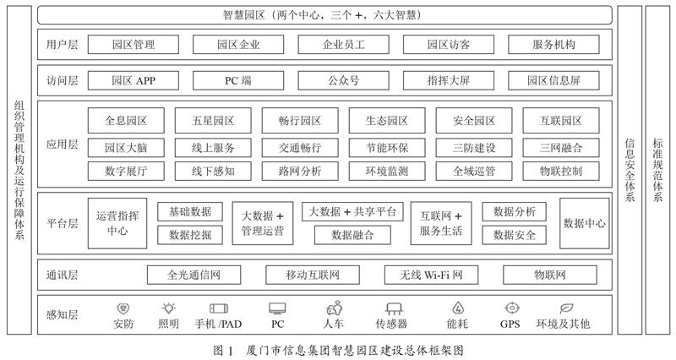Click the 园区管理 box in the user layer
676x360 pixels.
point(134,45)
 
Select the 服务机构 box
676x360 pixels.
point(553,45)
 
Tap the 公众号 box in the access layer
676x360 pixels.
point(343,80)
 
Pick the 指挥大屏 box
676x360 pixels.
point(449,80)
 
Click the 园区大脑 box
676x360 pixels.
point(126,148)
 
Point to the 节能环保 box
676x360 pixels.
point(387,148)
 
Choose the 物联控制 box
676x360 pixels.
point(561,172)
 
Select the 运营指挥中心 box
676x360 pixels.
point(117,223)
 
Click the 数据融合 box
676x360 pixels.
point(352,235)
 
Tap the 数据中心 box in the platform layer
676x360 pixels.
point(585,223)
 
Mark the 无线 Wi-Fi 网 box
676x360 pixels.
point(431,275)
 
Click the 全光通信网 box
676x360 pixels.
point(194,275)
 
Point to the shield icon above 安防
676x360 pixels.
point(123,308)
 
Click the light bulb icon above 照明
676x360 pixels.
point(168,308)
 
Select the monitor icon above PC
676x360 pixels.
point(277,308)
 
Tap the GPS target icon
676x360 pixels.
point(512,308)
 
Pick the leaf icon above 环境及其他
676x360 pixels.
point(566,308)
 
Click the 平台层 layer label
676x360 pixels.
point(62,223)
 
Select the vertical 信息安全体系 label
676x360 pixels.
point(630,171)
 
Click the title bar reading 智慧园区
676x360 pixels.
point(324,15)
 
